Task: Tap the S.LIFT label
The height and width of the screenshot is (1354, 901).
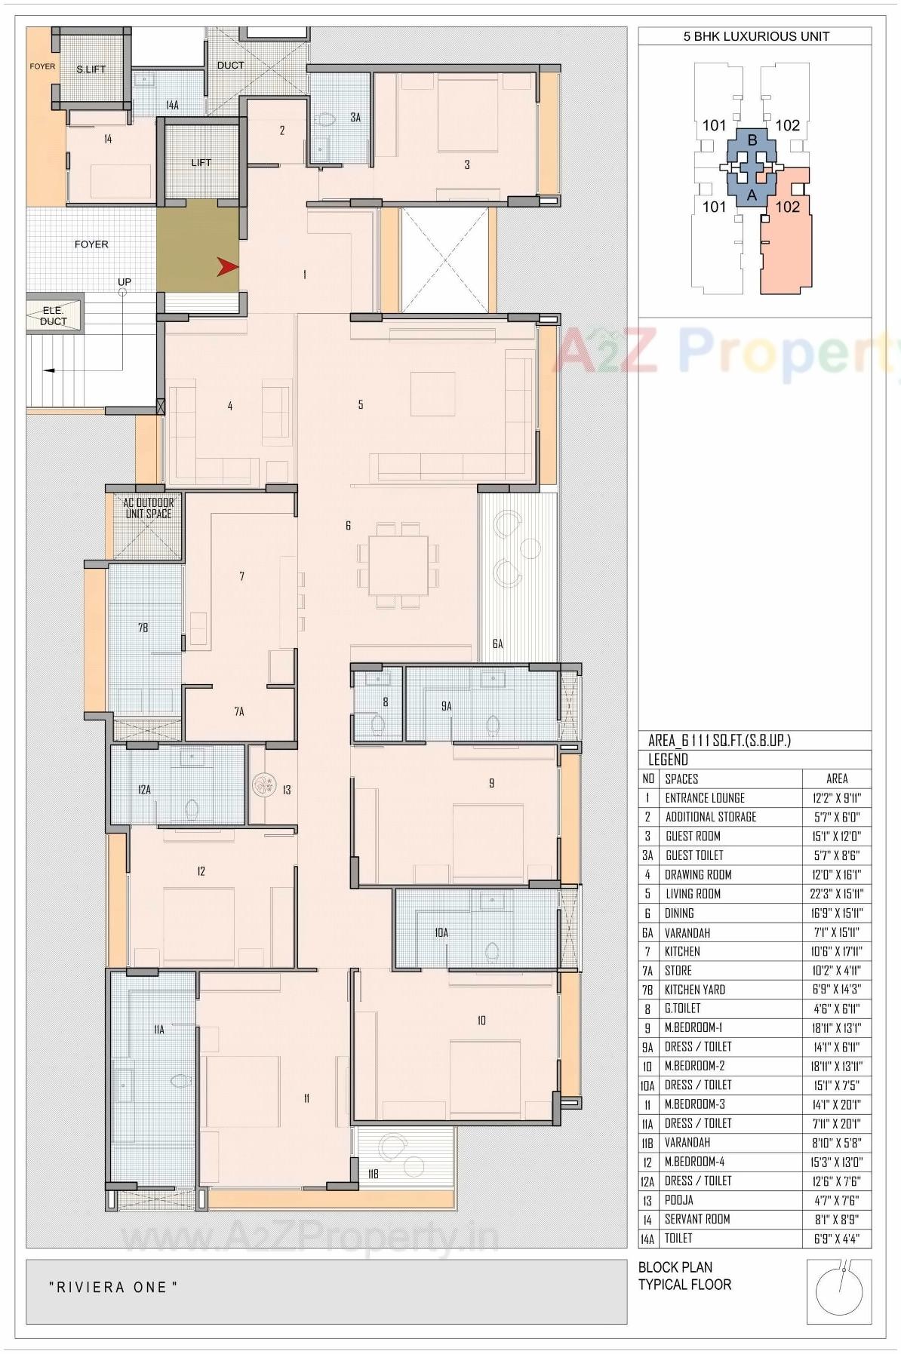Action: coord(91,69)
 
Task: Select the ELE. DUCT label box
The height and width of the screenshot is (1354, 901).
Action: coord(54,315)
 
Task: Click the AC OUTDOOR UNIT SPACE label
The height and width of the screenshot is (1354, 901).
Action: coord(149,508)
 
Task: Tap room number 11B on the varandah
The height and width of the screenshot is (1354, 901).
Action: coord(373,1174)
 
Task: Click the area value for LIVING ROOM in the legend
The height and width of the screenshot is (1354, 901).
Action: coord(836,894)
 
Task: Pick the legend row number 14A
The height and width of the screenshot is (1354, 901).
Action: coord(648,1239)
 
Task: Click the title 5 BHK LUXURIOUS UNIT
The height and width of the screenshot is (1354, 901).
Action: coord(755,36)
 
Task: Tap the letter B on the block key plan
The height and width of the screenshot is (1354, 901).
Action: coord(752,140)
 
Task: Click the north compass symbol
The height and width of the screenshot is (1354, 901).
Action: coord(839,1291)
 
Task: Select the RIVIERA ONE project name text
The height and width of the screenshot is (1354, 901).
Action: coord(113,1288)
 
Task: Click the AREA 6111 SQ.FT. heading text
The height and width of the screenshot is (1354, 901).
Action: coord(719,741)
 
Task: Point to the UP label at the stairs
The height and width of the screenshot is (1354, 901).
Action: coord(125,282)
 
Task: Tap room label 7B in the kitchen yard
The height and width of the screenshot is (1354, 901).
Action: coord(143,628)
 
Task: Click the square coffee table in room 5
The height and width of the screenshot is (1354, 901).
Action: coord(433,394)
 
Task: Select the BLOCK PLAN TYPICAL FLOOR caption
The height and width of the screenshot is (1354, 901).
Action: coord(684,1276)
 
